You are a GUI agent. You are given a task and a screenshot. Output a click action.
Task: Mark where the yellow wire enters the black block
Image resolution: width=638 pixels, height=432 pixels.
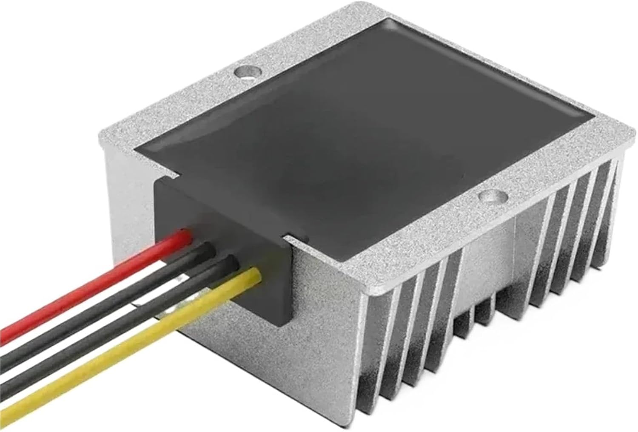point(254,272)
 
